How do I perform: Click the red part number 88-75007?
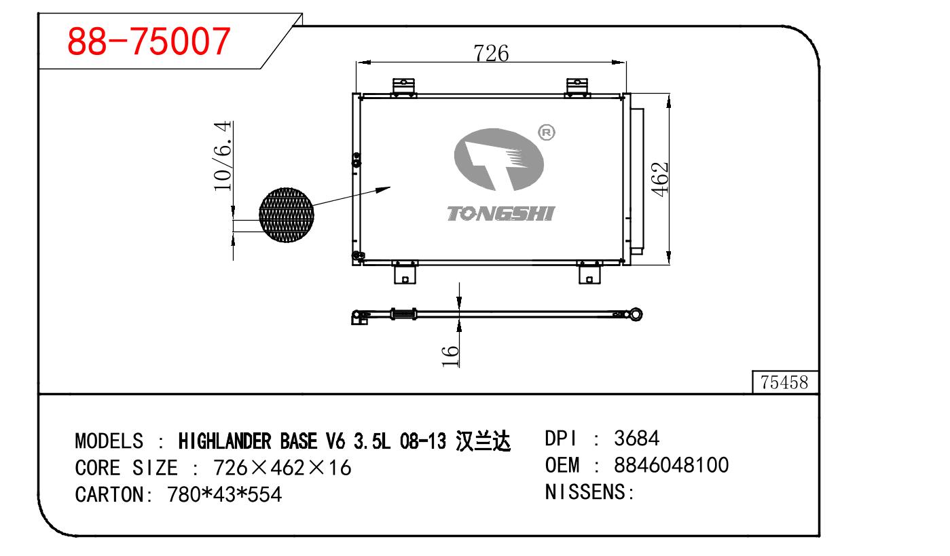(149, 41)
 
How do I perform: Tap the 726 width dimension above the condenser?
(491, 54)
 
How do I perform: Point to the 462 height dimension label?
(660, 179)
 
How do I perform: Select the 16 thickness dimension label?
(450, 356)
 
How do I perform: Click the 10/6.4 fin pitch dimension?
(223, 155)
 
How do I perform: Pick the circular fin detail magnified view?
(287, 215)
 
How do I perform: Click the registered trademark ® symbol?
(546, 133)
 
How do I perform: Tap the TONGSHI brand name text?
(501, 214)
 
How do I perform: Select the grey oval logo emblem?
(498, 160)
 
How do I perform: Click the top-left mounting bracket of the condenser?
(403, 88)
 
